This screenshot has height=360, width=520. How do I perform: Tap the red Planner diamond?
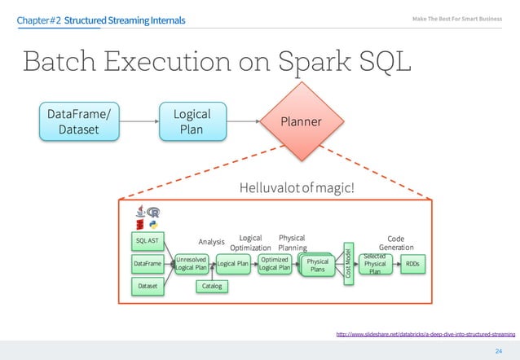click(x=301, y=122)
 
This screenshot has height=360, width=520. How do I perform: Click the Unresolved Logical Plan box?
click(x=192, y=263)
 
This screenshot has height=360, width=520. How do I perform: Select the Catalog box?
click(x=212, y=287)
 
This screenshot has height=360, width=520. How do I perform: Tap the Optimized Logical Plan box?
click(x=275, y=263)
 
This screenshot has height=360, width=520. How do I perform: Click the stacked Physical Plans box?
click(x=317, y=265)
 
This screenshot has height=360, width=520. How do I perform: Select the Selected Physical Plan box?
click(x=375, y=264)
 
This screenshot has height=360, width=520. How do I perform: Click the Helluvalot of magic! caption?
click(x=297, y=189)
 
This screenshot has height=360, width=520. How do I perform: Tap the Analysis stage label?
click(x=211, y=241)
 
